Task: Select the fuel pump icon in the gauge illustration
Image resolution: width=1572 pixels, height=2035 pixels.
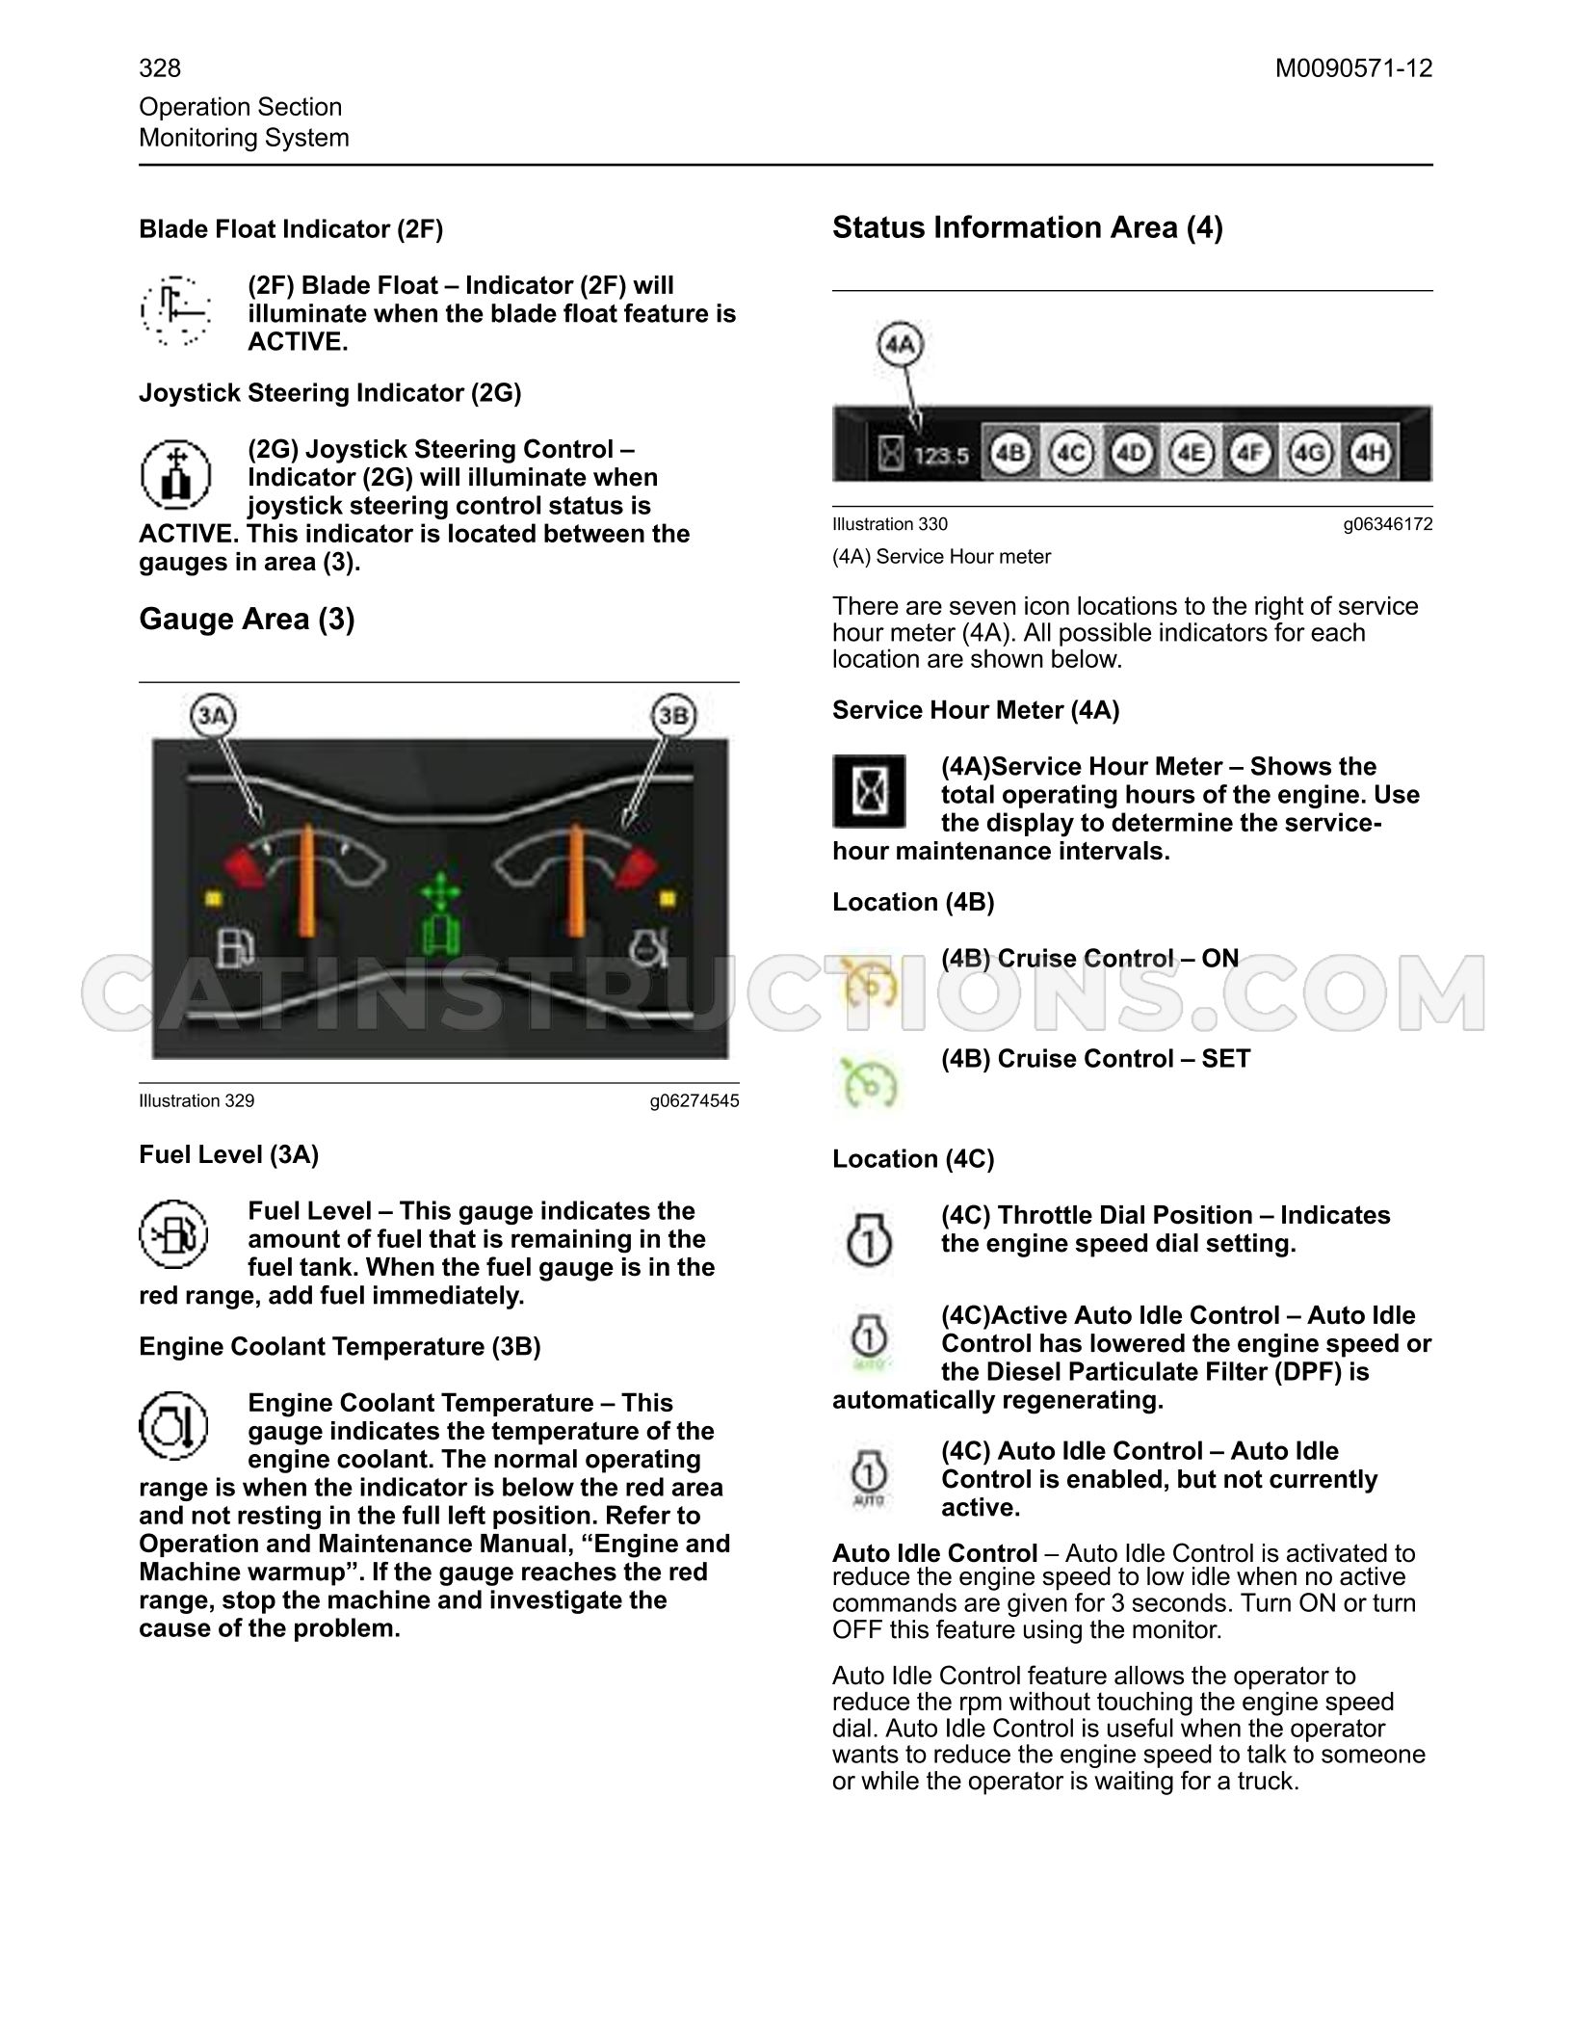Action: [x=234, y=946]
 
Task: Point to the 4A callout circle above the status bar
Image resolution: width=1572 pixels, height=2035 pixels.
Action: [x=901, y=344]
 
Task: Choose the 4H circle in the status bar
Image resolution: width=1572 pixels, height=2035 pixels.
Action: [x=1369, y=452]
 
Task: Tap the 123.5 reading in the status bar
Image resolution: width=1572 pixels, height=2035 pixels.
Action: [x=941, y=455]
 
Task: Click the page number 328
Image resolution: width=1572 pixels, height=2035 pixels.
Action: [x=160, y=68]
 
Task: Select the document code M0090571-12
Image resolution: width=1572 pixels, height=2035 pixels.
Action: [x=1353, y=68]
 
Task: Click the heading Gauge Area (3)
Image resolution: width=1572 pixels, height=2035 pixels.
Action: [x=247, y=619]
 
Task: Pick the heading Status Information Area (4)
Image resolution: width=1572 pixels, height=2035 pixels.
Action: [x=1028, y=227]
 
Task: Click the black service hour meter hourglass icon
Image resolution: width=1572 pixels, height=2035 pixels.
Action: [x=869, y=791]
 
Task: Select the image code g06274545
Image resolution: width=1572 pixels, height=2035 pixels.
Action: [x=694, y=1100]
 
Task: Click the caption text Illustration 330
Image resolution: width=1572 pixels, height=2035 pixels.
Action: [x=890, y=524]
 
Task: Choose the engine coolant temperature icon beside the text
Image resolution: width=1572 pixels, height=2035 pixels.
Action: [x=175, y=1425]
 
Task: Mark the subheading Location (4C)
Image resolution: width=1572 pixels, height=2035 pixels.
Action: [x=913, y=1158]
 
